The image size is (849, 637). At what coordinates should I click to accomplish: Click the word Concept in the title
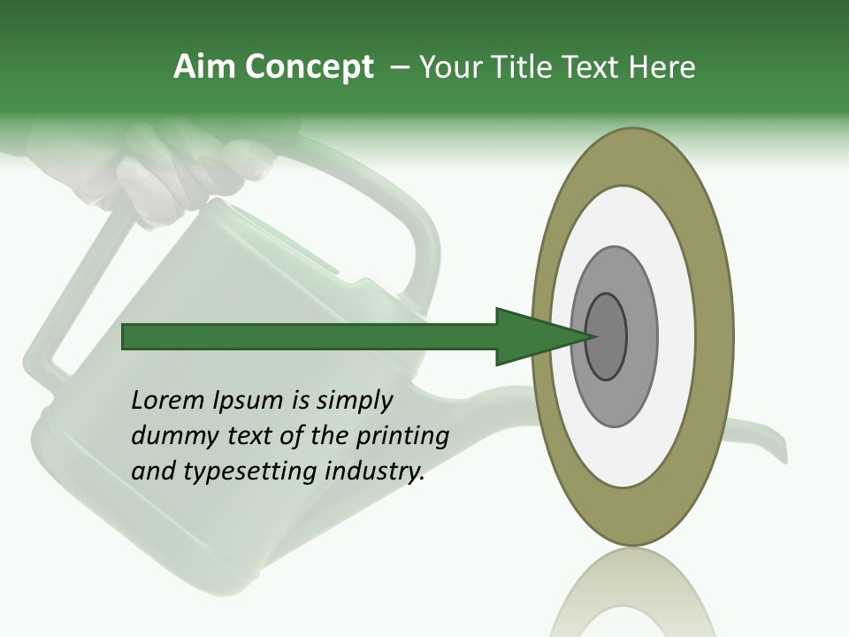tap(310, 68)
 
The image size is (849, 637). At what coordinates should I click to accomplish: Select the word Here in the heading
tap(662, 67)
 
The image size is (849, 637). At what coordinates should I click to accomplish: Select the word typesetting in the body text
tap(242, 472)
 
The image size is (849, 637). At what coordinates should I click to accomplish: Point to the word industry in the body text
tap(374, 472)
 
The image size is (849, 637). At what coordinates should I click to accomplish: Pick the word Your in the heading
tap(452, 67)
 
